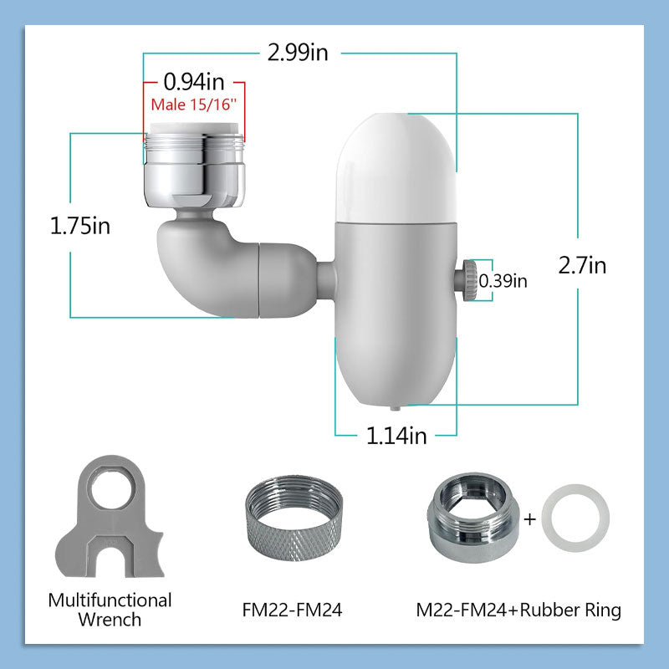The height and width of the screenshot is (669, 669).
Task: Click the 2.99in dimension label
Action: tap(298, 53)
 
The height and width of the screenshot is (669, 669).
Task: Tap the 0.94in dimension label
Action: tap(194, 81)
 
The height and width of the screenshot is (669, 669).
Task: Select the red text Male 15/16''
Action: tap(194, 105)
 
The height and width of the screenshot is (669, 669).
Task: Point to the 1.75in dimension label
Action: tap(79, 226)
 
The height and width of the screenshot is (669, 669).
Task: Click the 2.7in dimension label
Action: tap(582, 265)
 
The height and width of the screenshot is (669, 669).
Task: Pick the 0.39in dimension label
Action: tap(503, 281)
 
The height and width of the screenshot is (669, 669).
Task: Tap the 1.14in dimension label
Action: tap(396, 436)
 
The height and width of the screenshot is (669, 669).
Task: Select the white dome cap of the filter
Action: tap(396, 168)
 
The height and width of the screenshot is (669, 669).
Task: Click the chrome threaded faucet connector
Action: tap(195, 166)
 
